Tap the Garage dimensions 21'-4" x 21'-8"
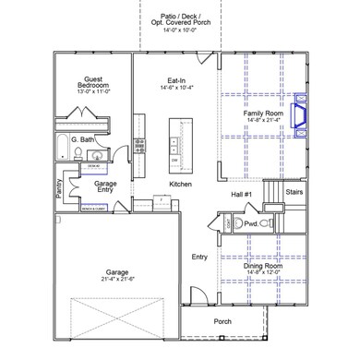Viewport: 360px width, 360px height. pyautogui.click(x=116, y=279)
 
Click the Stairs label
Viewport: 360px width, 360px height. pyautogui.click(x=295, y=192)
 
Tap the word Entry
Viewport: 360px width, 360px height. pyautogui.click(x=198, y=257)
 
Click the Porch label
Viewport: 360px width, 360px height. pyautogui.click(x=222, y=322)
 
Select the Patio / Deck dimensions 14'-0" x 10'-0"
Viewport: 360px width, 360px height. pyautogui.click(x=180, y=30)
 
